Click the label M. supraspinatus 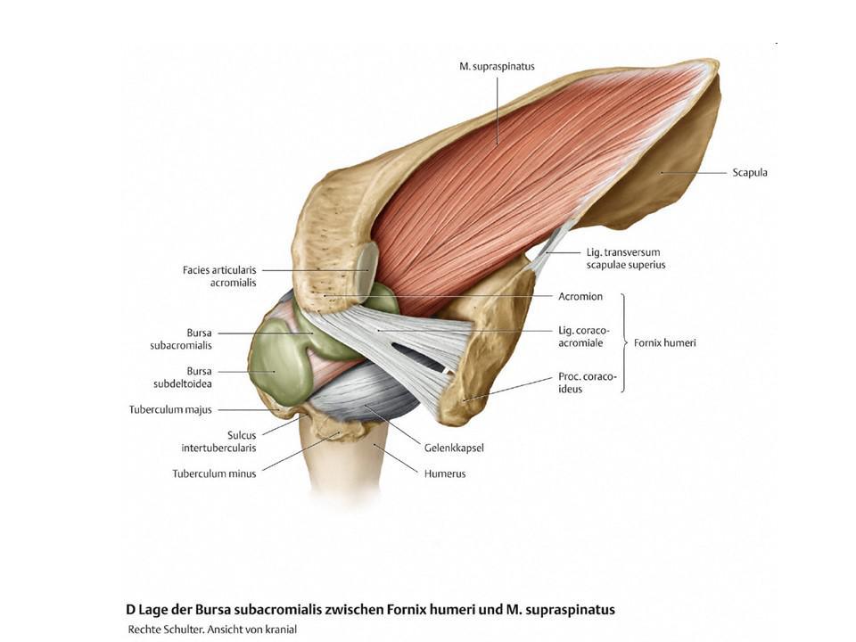(x=498, y=66)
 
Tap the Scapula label (x=749, y=173)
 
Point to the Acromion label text (x=580, y=297)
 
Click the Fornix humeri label (x=664, y=342)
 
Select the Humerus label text (x=444, y=473)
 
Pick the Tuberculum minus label (x=214, y=473)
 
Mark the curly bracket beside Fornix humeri (x=624, y=342)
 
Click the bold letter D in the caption (x=130, y=610)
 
